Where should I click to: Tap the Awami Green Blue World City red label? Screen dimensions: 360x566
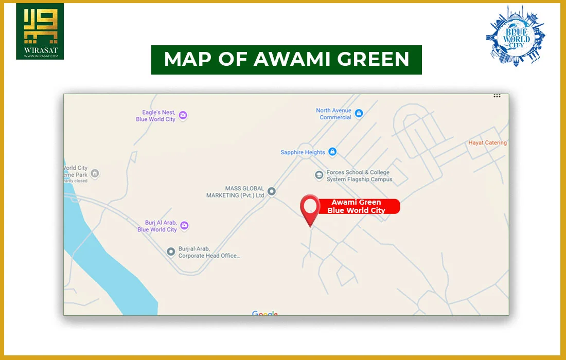tap(357, 206)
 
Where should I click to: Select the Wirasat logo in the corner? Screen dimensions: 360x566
tap(40, 31)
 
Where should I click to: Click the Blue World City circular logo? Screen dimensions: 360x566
tap(516, 35)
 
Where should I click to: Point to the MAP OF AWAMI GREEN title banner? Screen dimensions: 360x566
tap(287, 60)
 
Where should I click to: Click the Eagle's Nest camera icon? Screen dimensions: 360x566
tap(183, 116)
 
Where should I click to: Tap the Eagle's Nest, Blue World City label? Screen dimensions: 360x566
tap(156, 116)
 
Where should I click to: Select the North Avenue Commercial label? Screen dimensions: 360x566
tap(334, 114)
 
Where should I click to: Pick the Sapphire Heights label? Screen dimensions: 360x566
tap(303, 152)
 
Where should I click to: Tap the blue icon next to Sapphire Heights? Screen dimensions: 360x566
tap(332, 152)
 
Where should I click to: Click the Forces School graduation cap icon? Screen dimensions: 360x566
tap(319, 175)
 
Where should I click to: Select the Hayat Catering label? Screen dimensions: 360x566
tap(487, 143)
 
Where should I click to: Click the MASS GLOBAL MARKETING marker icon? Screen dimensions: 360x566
tap(272, 192)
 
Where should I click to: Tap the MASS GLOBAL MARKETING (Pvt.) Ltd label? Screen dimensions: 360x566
tap(236, 192)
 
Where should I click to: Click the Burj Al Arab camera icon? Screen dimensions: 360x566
tap(184, 226)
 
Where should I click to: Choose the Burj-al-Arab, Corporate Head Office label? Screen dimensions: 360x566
tap(209, 252)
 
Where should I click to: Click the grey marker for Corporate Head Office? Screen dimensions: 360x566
tap(171, 252)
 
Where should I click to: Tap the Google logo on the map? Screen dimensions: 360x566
tap(265, 313)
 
